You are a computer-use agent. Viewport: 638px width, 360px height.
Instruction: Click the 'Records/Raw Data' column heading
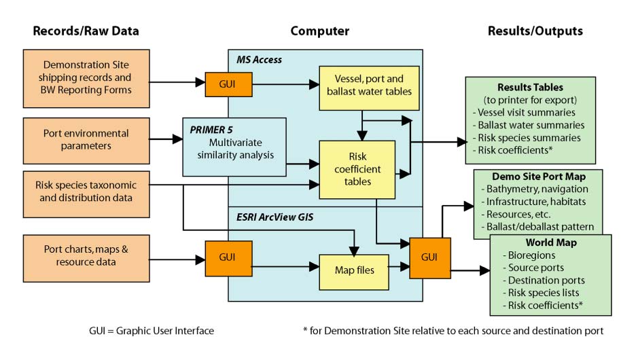[86, 31]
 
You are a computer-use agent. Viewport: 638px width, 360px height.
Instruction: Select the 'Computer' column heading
[319, 31]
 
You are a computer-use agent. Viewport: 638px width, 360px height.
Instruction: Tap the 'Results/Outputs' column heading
[535, 31]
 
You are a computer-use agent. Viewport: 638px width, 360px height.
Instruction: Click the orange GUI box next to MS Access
[224, 85]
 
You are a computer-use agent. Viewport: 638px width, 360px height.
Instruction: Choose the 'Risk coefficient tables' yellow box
[358, 169]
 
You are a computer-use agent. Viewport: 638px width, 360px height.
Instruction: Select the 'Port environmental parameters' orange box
[86, 140]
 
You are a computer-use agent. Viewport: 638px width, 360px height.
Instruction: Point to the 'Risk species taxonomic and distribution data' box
[86, 192]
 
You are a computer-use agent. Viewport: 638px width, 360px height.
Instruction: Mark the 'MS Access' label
[258, 60]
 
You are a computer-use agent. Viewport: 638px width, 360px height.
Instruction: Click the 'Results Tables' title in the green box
[530, 88]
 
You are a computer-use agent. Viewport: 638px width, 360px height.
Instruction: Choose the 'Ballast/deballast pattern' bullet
[540, 226]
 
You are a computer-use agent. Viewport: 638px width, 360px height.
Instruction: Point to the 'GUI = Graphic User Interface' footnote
[152, 331]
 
